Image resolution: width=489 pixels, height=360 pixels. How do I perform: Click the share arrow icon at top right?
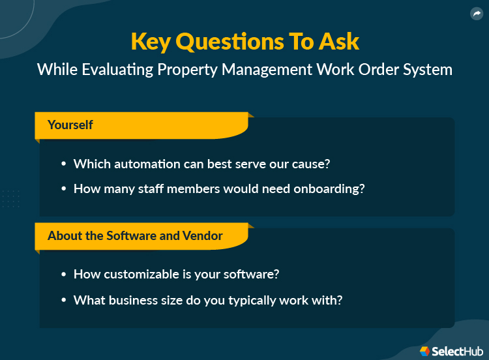(476, 14)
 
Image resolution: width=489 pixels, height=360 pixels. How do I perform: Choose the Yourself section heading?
(70, 125)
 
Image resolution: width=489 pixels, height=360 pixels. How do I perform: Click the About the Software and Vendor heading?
(135, 235)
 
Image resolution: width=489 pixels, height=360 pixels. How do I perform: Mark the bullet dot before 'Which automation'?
(64, 164)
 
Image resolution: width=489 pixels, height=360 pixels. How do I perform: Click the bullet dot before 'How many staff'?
(64, 189)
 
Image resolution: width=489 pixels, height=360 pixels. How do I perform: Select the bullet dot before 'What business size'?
(64, 301)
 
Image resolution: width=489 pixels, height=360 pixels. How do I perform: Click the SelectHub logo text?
(456, 351)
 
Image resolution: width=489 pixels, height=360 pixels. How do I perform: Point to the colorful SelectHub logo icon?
(425, 351)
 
